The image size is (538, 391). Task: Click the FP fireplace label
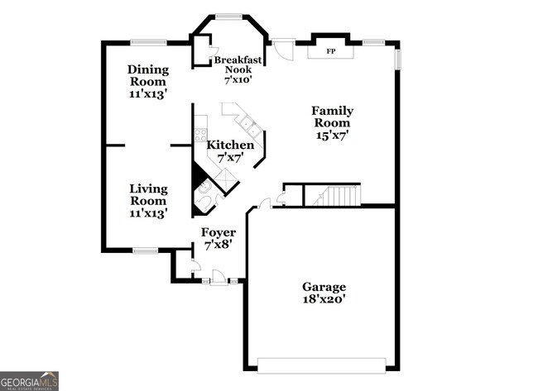pyautogui.click(x=331, y=52)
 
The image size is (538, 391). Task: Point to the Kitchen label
pyautogui.click(x=223, y=145)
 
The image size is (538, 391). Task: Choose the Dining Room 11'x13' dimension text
pyautogui.click(x=148, y=94)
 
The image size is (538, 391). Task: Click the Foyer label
pyautogui.click(x=219, y=233)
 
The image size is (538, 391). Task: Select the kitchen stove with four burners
pyautogui.click(x=200, y=136)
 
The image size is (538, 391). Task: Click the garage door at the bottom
pyautogui.click(x=321, y=365)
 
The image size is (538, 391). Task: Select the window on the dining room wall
pyautogui.click(x=148, y=41)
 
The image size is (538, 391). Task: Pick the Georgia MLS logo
pyautogui.click(x=30, y=381)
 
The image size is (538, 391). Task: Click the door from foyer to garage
pyautogui.click(x=265, y=203)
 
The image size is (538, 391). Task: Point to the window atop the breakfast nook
pyautogui.click(x=229, y=15)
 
